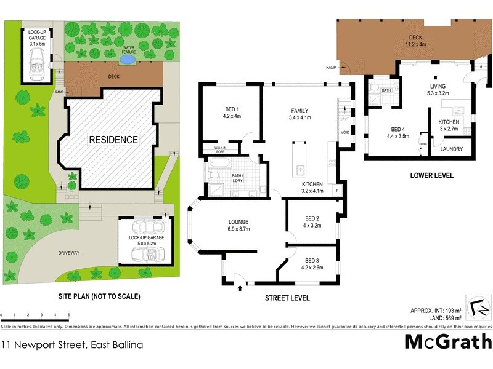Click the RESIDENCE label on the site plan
(113, 140)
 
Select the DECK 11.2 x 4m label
(414, 41)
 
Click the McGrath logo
(448, 341)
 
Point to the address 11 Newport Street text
(72, 345)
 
